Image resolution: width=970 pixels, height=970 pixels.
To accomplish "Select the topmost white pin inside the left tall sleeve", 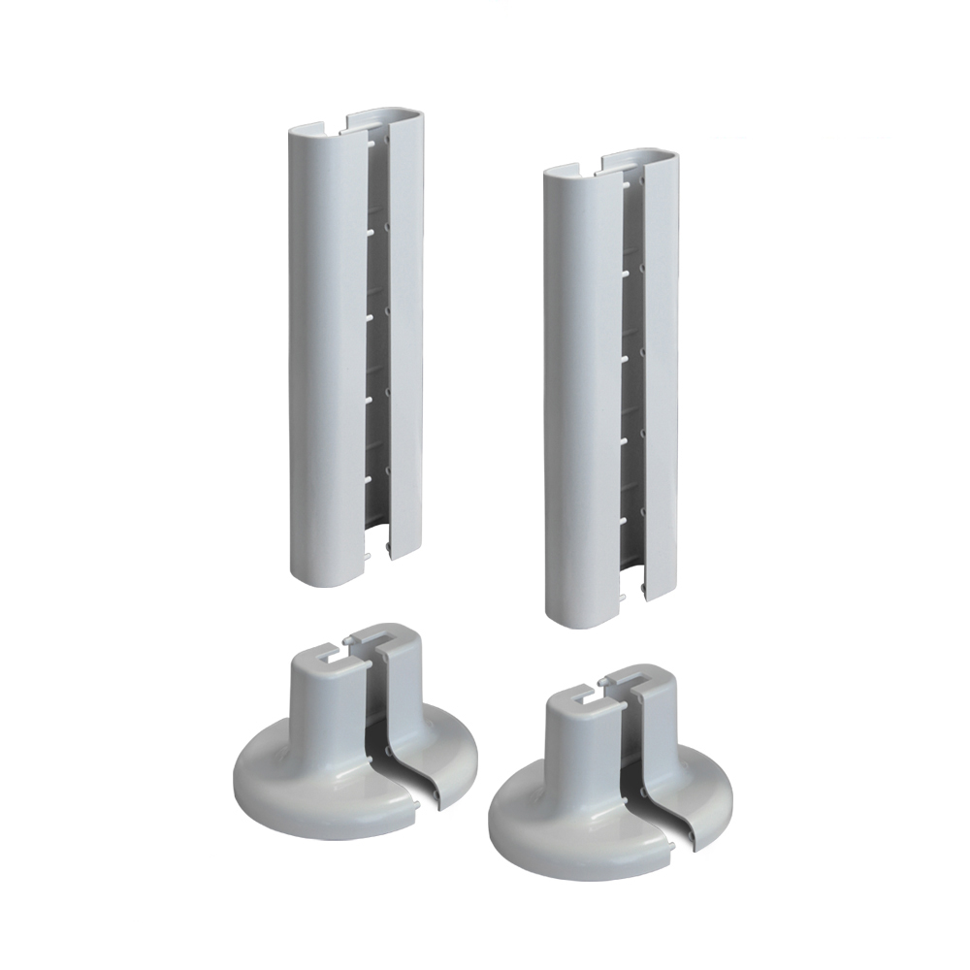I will (372, 143).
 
